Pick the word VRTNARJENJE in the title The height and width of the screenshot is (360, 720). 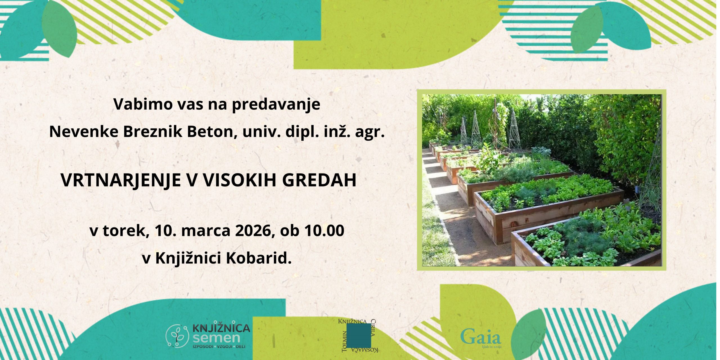121,180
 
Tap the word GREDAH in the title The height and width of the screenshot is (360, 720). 319,180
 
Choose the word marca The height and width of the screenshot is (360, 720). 206,231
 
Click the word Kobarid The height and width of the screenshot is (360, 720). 258,258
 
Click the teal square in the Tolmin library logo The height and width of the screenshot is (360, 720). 359,336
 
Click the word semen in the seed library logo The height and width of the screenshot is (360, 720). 216,338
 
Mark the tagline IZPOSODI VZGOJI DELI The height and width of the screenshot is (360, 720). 219,347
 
